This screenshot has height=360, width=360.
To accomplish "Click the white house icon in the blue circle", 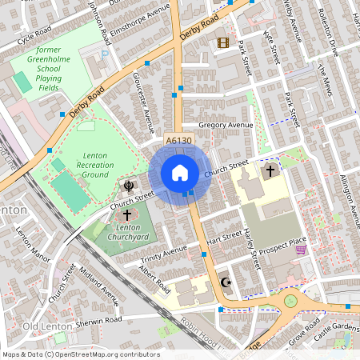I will point(180,172).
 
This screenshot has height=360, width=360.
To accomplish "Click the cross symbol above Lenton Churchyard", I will point(126,215).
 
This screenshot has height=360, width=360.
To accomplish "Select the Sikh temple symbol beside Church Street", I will point(128,186).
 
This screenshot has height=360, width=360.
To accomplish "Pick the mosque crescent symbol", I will point(226,282).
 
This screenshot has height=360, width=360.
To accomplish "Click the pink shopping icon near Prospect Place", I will point(301,250).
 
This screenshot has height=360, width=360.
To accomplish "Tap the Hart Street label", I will point(223,238).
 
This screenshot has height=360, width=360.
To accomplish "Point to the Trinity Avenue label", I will point(163,254).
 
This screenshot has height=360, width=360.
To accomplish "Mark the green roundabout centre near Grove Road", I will point(290,302).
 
